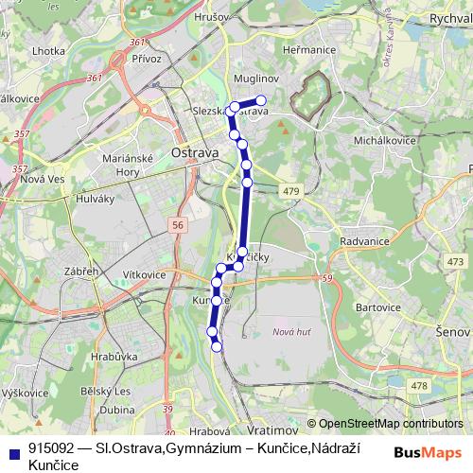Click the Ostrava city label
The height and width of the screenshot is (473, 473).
click(x=195, y=152)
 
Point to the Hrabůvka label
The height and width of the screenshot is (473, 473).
click(x=116, y=357)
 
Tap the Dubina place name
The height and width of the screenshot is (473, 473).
click(x=116, y=411)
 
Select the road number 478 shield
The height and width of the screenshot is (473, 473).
click(x=420, y=385)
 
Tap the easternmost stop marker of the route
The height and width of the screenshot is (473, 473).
click(x=262, y=100)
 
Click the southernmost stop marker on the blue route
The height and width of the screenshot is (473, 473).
click(x=217, y=346)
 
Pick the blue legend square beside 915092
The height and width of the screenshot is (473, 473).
click(x=12, y=447)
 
